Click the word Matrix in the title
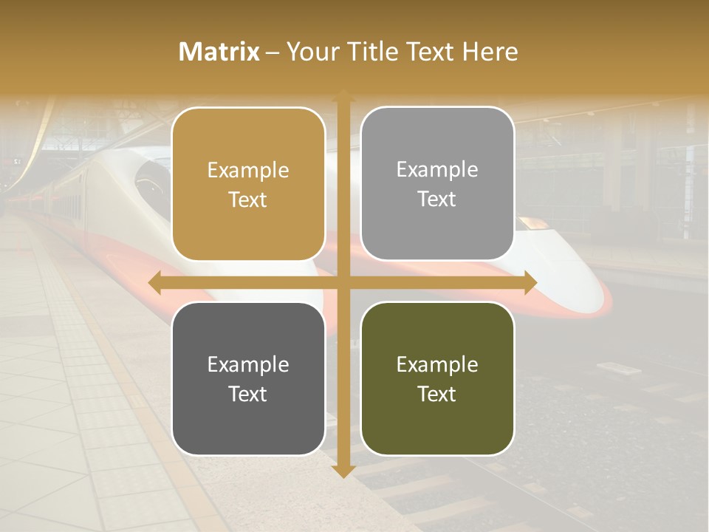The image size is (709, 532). (219, 52)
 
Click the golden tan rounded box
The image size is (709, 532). (248, 185)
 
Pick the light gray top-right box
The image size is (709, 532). (437, 184)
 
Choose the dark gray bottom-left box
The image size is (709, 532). (248, 378)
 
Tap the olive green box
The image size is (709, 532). (437, 378)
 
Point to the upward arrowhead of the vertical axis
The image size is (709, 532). (343, 96)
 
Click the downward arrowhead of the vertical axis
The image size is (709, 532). (343, 471)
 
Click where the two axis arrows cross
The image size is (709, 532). (343, 283)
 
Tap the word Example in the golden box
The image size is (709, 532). (248, 171)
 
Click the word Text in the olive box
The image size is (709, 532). (437, 394)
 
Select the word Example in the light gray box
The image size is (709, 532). (437, 170)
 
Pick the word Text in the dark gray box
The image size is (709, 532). (248, 394)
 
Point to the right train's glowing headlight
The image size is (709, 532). (532, 222)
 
